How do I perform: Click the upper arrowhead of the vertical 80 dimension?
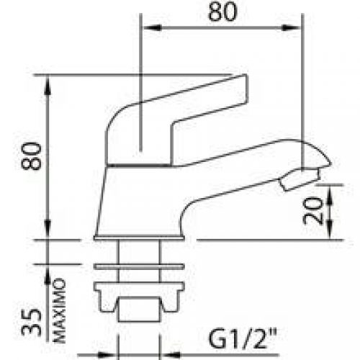coord(49,85)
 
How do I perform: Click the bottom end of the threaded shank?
coord(138,317)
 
